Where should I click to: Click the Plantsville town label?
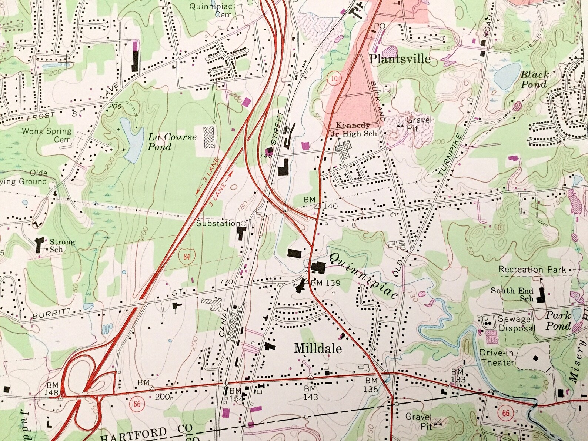coord(400,59)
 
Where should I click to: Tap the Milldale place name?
coord(318,348)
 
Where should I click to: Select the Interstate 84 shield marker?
coord(186,256)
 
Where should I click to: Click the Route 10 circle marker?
coord(334,78)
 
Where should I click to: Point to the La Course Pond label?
coord(172,142)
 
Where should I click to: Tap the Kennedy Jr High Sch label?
coord(356,130)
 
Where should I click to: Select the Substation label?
coord(218,224)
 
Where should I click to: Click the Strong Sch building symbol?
coord(39,245)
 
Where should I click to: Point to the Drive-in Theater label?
coord(497,357)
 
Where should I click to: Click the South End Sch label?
coord(512,294)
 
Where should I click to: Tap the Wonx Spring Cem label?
coord(47,135)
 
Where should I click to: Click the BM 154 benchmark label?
coord(235,395)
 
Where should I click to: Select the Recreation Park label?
coord(532,270)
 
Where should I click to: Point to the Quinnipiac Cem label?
coord(211,10)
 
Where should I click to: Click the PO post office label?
coord(380,26)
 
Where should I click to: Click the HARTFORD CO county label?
coord(146,432)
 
